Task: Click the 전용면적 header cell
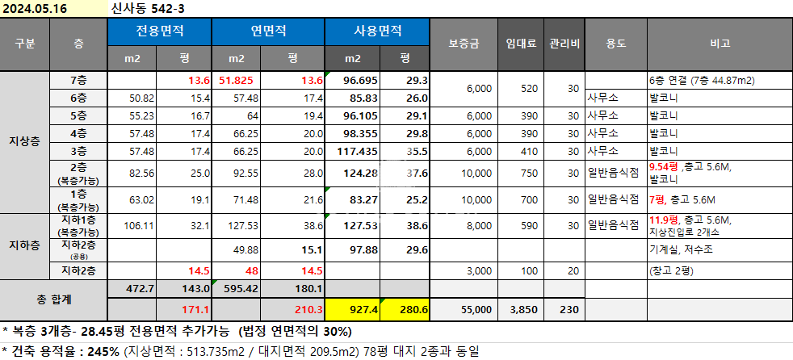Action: (159, 32)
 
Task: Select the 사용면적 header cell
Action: (379, 32)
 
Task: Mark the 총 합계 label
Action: (53, 299)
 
